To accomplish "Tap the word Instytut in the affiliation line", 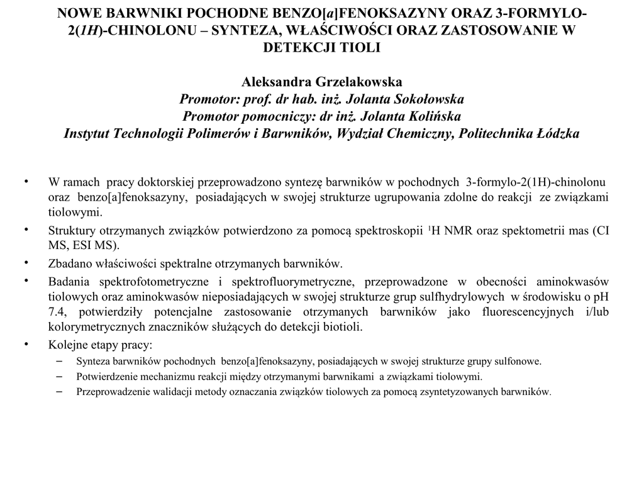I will (86, 133).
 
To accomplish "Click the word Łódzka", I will (555, 133).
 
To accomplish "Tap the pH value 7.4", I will (57, 312).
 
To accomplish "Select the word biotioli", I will (343, 327).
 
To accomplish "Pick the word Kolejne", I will (67, 345).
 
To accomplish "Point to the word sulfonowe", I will (519, 361).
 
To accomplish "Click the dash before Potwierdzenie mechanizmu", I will (60, 376).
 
